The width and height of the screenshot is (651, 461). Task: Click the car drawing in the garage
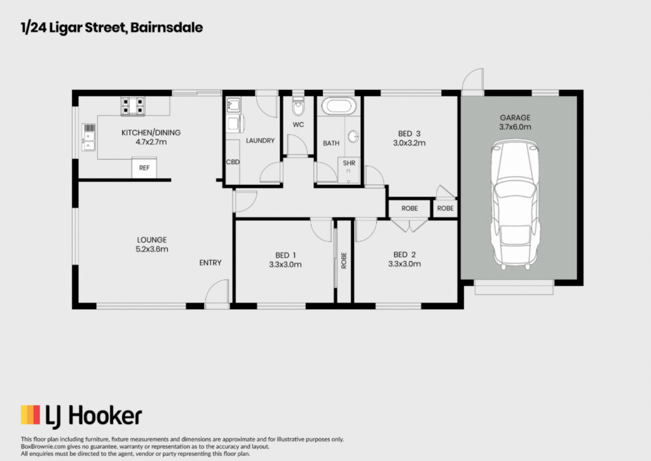click(x=515, y=204)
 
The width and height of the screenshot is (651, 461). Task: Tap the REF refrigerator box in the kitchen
click(x=144, y=168)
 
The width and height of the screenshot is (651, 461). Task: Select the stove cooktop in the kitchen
click(x=133, y=106)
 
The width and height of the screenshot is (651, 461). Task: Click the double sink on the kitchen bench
click(x=88, y=137)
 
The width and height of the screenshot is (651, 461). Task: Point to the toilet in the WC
click(x=298, y=106)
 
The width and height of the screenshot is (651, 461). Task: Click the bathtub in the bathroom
click(x=339, y=106)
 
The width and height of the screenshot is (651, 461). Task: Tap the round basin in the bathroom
click(x=353, y=136)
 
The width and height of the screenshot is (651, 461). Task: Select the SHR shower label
click(x=349, y=163)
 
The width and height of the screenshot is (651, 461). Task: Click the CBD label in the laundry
click(x=233, y=162)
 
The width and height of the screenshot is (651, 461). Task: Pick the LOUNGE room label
click(x=152, y=240)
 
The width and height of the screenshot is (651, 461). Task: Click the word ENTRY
click(x=210, y=263)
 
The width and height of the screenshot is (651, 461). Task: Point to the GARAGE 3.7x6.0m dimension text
click(x=515, y=127)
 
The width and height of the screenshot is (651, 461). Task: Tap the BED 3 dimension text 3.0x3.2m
click(x=409, y=143)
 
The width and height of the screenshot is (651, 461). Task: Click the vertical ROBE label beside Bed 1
click(x=344, y=261)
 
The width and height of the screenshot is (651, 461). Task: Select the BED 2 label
click(x=404, y=254)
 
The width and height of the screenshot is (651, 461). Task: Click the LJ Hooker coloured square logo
click(x=31, y=415)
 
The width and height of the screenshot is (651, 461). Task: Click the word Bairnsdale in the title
click(x=167, y=27)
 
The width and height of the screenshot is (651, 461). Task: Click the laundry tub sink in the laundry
click(x=233, y=105)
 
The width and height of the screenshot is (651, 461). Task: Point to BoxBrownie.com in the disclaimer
click(x=43, y=446)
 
